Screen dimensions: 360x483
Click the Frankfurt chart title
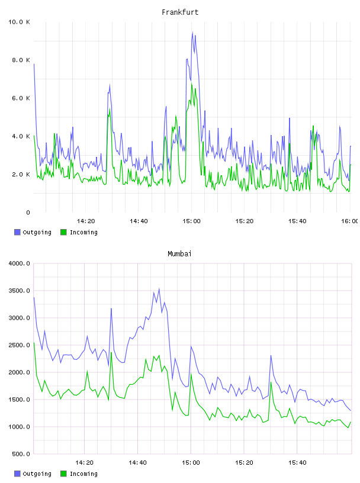click(x=180, y=12)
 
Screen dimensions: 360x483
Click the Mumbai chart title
click(x=179, y=254)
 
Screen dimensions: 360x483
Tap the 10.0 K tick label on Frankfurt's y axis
click(x=19, y=22)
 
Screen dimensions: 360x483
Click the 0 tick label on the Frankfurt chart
click(x=28, y=212)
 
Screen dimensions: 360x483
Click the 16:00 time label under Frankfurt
click(x=349, y=221)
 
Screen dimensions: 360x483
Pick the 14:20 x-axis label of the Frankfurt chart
click(x=86, y=221)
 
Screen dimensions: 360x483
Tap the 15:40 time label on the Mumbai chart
click(x=297, y=463)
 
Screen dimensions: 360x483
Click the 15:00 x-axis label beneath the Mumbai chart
click(x=191, y=463)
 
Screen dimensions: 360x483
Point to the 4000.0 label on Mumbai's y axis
click(x=19, y=263)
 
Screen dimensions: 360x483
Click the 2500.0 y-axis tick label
click(x=19, y=345)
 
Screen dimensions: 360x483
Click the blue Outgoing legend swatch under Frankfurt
click(x=17, y=232)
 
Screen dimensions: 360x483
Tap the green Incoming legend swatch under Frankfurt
click(x=63, y=232)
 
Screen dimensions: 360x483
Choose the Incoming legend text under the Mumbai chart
click(x=83, y=474)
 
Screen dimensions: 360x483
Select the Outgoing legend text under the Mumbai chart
click(x=37, y=474)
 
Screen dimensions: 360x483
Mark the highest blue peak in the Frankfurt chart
click(x=192, y=32)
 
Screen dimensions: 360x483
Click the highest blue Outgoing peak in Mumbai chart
click(x=159, y=289)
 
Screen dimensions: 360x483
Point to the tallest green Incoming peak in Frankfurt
click(x=191, y=83)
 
